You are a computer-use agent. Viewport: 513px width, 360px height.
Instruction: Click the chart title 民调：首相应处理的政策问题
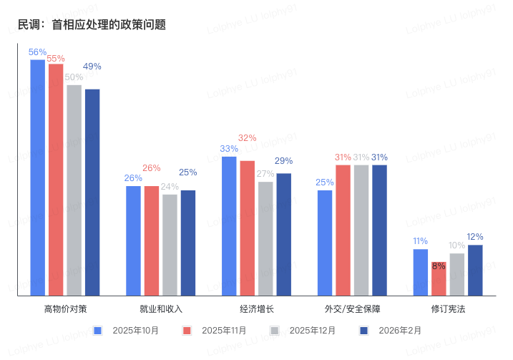click(x=92, y=24)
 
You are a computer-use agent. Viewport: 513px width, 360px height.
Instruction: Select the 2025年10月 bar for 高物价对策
click(x=37, y=177)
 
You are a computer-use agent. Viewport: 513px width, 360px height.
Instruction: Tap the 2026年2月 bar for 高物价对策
click(x=92, y=192)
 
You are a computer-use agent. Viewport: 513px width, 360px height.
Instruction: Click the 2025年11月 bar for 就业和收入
click(x=151, y=240)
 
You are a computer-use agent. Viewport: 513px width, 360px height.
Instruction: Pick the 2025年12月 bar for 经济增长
click(x=265, y=238)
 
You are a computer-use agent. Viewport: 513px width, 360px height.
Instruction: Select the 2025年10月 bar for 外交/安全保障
click(x=325, y=243)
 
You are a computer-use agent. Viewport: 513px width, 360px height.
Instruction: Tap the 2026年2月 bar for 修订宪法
click(x=475, y=270)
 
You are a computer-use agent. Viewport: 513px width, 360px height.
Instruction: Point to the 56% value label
click(x=37, y=52)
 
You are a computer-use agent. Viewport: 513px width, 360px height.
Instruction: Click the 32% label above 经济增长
click(x=248, y=138)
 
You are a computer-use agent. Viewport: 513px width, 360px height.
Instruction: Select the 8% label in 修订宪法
click(x=439, y=266)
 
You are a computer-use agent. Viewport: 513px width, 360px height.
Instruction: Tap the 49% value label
click(x=92, y=67)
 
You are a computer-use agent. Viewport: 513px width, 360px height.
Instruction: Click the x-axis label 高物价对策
click(x=65, y=309)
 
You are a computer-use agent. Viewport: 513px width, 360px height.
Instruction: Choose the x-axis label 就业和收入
click(x=161, y=309)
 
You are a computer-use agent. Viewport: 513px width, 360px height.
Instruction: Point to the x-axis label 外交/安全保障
click(x=352, y=309)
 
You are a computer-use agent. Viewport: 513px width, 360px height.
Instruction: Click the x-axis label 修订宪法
click(x=448, y=309)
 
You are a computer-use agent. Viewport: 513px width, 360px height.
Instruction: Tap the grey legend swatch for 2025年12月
click(x=275, y=330)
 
